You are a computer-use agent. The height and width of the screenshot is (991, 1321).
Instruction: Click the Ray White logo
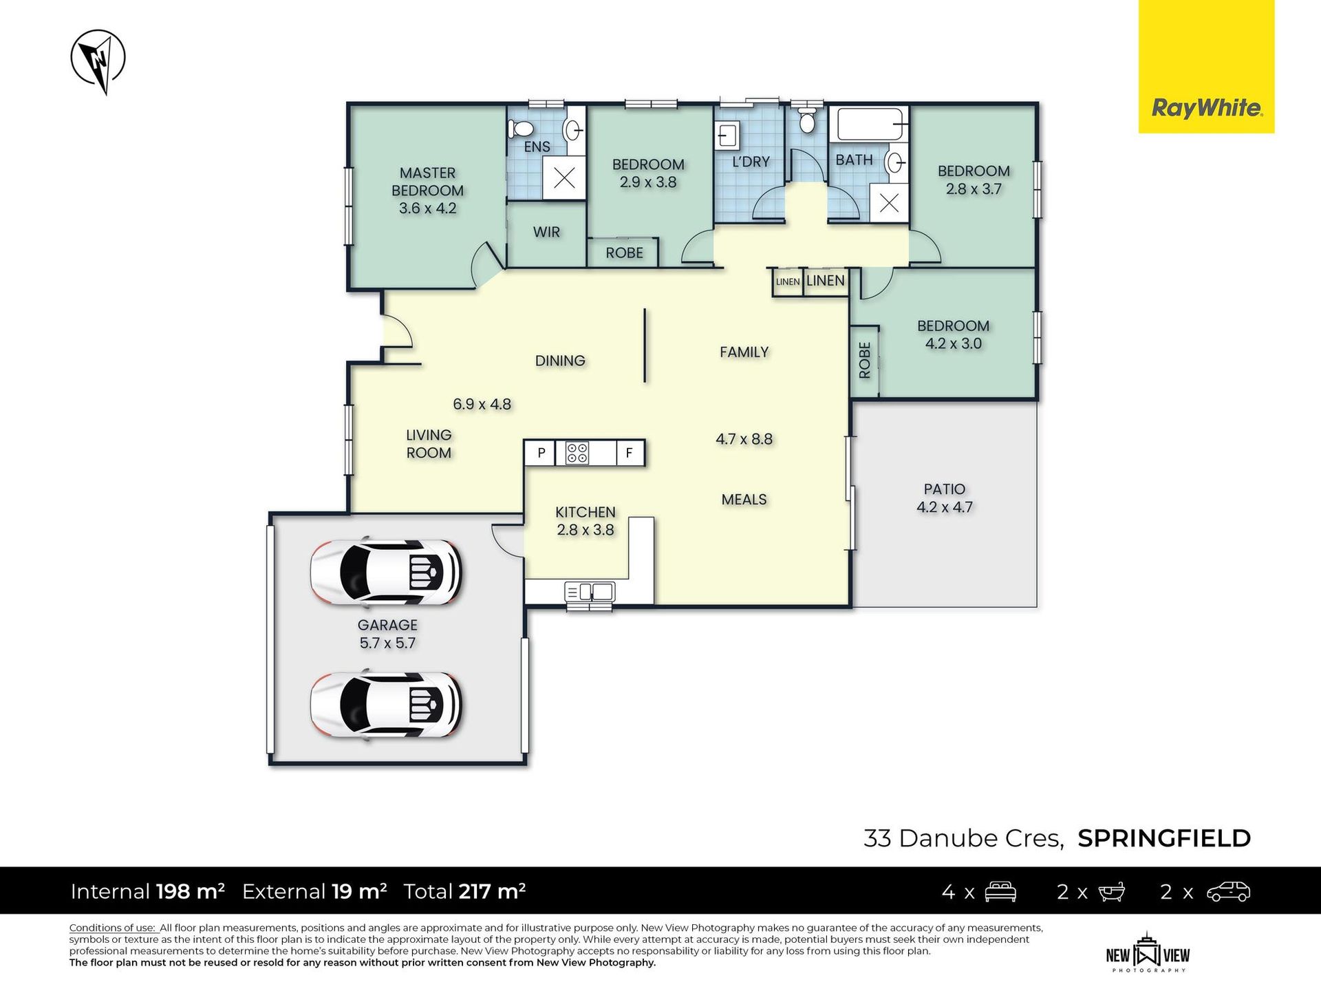tap(1206, 66)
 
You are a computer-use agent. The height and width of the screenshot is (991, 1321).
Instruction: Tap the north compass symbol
tap(98, 61)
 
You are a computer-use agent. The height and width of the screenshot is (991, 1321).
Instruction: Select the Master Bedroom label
tap(427, 191)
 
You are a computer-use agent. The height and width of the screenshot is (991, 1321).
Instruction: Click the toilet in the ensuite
tap(521, 129)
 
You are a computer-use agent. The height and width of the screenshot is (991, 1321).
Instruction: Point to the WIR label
tap(546, 232)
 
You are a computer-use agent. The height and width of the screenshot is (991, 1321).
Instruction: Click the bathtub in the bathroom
tap(869, 125)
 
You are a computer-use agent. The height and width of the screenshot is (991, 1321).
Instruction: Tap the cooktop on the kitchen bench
tap(577, 453)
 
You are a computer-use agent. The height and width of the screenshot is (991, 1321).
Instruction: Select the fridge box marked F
tap(629, 453)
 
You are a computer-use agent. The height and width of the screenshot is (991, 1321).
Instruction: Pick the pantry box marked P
tap(541, 453)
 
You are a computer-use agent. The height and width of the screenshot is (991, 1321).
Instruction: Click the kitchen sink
tap(590, 592)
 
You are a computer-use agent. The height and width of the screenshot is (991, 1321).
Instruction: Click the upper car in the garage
tap(385, 572)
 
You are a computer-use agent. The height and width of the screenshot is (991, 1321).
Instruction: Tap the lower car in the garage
tap(385, 705)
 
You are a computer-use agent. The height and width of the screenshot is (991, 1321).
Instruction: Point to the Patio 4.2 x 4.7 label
tap(944, 498)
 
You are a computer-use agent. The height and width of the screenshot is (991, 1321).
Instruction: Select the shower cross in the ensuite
tap(564, 178)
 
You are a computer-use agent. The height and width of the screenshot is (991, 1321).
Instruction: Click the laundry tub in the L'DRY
tap(728, 135)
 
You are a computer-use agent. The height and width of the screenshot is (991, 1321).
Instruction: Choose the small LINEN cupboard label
tap(788, 281)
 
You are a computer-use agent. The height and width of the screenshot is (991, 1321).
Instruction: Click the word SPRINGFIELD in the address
tap(1164, 838)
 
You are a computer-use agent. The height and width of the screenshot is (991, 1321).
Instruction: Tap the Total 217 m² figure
tap(464, 891)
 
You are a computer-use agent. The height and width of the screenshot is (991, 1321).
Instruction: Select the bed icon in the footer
tap(1000, 892)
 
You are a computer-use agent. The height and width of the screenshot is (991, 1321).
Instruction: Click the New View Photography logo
tap(1148, 952)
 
